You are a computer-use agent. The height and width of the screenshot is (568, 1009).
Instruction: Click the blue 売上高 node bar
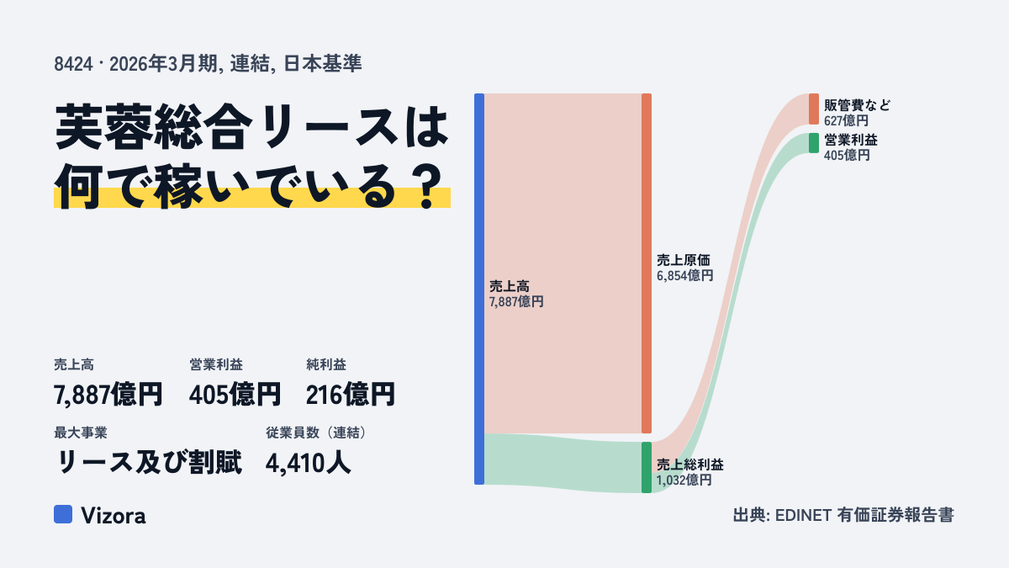point(479,289)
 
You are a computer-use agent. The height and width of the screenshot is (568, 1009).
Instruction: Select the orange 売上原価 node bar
point(647,263)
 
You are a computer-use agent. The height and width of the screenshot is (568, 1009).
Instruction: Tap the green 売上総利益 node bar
point(647,468)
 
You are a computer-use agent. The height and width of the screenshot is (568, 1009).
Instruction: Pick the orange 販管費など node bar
point(814,109)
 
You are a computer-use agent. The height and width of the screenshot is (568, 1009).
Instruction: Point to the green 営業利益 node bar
point(814,143)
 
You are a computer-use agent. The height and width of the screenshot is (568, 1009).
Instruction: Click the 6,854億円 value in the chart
point(684,275)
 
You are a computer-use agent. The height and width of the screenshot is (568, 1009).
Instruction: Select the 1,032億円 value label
point(684,480)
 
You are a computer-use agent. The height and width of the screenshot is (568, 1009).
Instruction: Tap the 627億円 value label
point(846,121)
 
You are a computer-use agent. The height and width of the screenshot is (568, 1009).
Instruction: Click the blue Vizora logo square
point(63,514)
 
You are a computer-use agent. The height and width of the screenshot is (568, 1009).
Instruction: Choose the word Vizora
point(114,515)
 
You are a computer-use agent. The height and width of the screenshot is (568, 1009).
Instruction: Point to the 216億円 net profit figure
point(350,395)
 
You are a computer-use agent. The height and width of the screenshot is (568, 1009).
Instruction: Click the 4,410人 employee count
point(308,463)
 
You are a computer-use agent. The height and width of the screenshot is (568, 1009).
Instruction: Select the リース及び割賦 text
point(148,462)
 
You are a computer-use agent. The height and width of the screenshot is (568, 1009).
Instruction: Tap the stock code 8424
point(73,64)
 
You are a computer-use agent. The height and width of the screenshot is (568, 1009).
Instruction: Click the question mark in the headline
point(427,186)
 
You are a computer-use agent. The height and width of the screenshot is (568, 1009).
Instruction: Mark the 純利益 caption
point(326,364)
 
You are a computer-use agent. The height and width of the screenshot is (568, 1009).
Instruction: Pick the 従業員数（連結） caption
point(318,433)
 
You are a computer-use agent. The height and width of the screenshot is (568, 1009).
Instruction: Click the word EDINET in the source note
point(803,515)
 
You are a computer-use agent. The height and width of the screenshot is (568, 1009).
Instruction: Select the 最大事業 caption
point(81,433)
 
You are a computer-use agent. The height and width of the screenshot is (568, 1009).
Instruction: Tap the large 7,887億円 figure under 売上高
point(108,395)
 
